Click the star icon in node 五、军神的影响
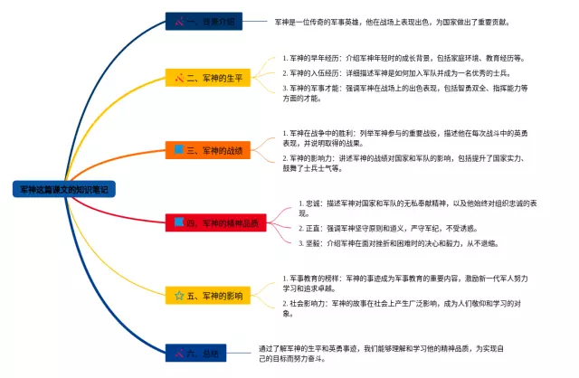pyautogui.click(x=179, y=295)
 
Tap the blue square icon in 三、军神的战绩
pyautogui.click(x=180, y=148)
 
